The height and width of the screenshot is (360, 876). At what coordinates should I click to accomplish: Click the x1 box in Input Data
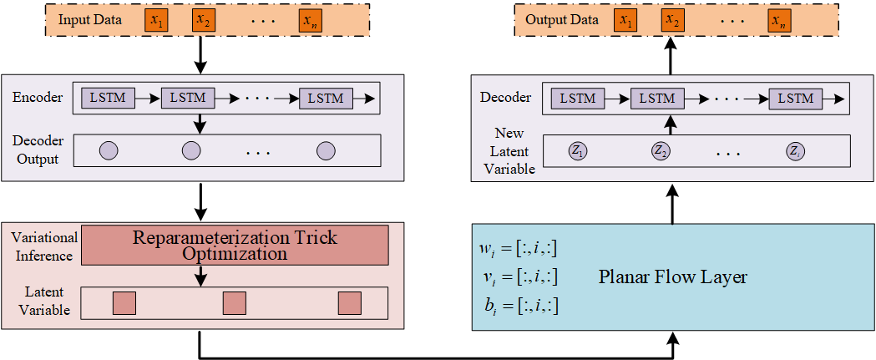pyautogui.click(x=155, y=21)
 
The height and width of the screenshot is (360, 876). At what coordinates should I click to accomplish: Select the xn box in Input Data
pyautogui.click(x=311, y=21)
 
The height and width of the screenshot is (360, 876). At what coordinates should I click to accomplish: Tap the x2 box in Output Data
pyautogui.click(x=671, y=21)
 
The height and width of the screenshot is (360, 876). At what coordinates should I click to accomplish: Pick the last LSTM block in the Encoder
pyautogui.click(x=326, y=98)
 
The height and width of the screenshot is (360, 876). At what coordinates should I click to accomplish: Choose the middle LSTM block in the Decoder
pyautogui.click(x=657, y=98)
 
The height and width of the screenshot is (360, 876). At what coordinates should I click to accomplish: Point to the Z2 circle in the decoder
pyautogui.click(x=661, y=151)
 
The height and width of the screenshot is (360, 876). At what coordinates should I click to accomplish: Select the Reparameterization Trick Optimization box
pyautogui.click(x=235, y=245)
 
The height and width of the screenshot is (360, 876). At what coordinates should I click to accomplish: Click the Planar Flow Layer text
pyautogui.click(x=672, y=277)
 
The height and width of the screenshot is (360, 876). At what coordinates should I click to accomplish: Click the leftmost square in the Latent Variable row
pyautogui.click(x=124, y=303)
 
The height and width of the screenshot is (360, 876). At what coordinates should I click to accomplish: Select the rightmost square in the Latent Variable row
pyautogui.click(x=349, y=303)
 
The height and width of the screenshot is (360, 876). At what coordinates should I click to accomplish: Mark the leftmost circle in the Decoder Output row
pyautogui.click(x=109, y=151)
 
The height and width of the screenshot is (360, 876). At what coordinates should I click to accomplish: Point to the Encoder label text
pyautogui.click(x=38, y=98)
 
